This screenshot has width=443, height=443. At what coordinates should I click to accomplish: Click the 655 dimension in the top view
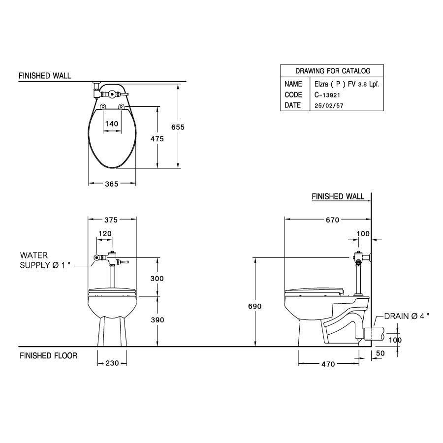[178, 127]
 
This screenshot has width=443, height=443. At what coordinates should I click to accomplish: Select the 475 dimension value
[157, 139]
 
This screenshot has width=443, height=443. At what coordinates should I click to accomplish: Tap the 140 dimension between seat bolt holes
[112, 124]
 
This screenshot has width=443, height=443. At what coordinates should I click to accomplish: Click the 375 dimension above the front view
[112, 220]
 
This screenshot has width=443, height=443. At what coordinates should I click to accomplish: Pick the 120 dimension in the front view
[105, 233]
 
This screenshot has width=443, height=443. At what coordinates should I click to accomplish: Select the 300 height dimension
[157, 278]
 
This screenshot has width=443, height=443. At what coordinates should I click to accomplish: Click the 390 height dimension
[157, 320]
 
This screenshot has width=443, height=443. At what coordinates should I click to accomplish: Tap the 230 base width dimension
[113, 364]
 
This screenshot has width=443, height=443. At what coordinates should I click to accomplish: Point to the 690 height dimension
[254, 306]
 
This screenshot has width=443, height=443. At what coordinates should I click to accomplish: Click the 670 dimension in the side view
[332, 220]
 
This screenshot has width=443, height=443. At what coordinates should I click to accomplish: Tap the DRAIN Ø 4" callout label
[406, 316]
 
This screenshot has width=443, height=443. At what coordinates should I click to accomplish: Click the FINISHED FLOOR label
[48, 355]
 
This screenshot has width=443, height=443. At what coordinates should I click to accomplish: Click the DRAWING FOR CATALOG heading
[333, 71]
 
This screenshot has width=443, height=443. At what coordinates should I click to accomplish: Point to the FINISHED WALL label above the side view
[338, 196]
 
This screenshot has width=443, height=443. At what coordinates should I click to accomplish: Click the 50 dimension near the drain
[380, 353]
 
